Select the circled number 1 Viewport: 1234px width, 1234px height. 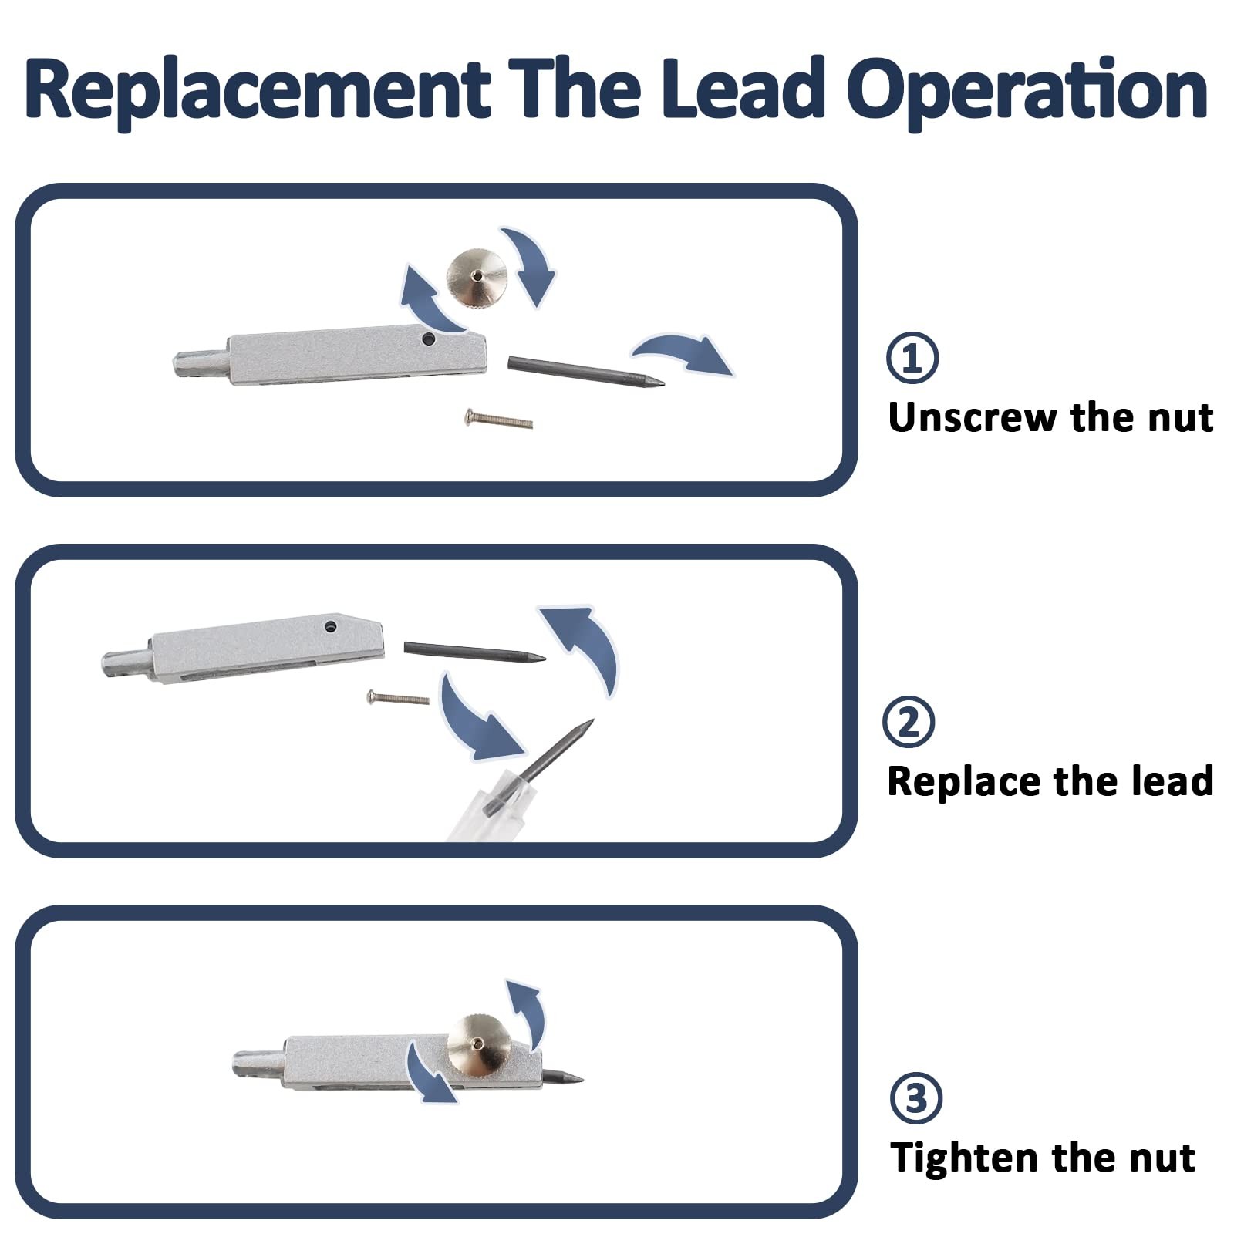tap(912, 358)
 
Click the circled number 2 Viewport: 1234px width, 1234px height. tap(909, 722)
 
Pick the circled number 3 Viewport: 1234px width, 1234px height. tap(916, 1097)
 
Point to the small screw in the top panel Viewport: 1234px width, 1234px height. tap(498, 420)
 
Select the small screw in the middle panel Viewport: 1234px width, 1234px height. tap(398, 698)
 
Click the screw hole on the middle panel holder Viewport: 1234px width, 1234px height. tap(331, 626)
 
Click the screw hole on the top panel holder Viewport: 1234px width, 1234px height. tap(426, 339)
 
